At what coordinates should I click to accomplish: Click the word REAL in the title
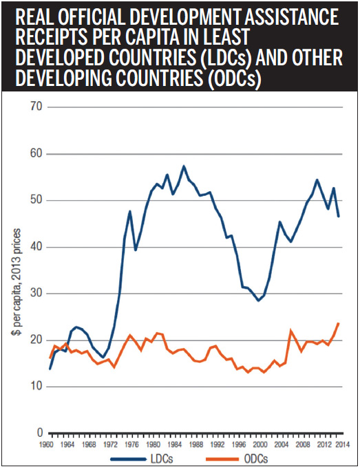tap(29, 16)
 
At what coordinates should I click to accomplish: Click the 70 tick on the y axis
tap(36, 107)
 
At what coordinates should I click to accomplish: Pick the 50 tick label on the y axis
tap(36, 200)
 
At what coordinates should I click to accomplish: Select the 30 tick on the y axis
tap(36, 294)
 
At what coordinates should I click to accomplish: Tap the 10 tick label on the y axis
tap(36, 386)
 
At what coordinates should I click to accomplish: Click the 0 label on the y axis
tap(40, 433)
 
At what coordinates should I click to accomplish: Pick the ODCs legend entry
tap(241, 459)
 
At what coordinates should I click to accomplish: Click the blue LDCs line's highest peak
tap(184, 166)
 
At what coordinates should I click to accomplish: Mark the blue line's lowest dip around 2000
tap(258, 301)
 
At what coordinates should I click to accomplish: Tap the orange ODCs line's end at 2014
tap(338, 323)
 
